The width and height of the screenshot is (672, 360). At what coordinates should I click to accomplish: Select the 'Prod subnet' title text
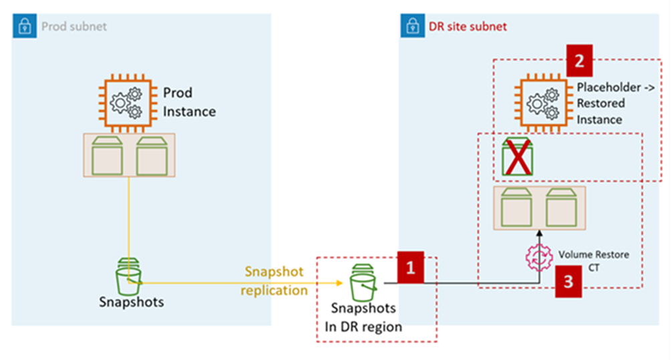click(73, 27)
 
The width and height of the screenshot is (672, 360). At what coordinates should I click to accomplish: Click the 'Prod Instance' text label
click(190, 102)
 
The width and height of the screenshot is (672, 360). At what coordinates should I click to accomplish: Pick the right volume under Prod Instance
click(152, 156)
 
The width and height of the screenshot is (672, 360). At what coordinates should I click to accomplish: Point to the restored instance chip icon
click(542, 101)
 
